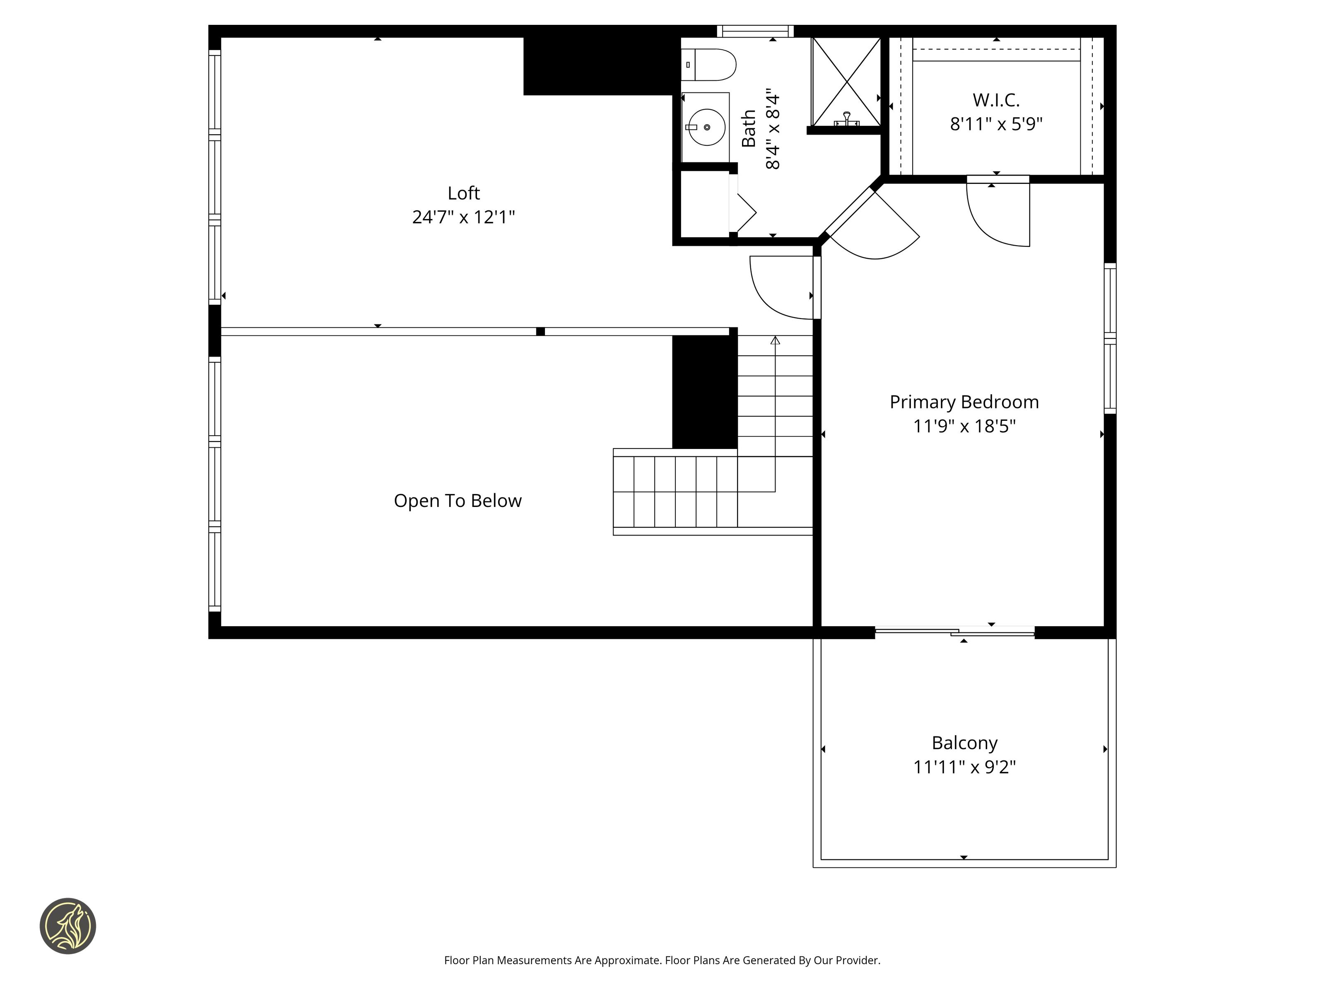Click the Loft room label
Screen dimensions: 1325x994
[464, 193]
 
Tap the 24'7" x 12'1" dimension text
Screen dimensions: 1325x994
[464, 217]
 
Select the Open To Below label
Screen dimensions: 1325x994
[458, 501]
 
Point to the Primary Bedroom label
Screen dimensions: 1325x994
[964, 402]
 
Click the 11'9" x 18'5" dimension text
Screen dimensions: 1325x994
[964, 426]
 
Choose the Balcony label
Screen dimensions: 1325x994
[964, 743]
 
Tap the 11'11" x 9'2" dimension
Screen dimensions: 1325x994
[964, 767]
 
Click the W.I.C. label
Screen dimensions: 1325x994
[996, 100]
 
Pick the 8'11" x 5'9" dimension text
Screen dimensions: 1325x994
[996, 124]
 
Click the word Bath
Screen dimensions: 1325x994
[749, 128]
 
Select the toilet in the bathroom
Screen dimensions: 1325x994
[708, 65]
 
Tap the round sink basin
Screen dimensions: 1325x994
[707, 127]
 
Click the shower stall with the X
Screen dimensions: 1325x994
[846, 82]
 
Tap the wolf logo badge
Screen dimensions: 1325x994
[67, 926]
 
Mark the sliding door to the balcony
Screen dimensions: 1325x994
[955, 631]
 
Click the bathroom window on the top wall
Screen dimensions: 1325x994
[755, 31]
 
